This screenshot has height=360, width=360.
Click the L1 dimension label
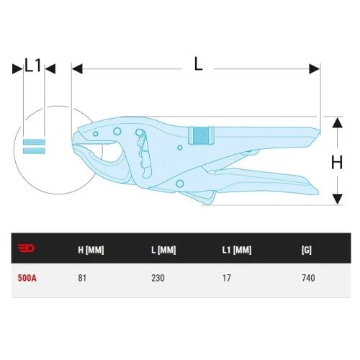(x=33, y=65)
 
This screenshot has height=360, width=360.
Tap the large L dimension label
(x=198, y=63)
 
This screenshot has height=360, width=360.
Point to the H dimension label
(x=337, y=162)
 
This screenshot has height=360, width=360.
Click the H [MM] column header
(x=91, y=250)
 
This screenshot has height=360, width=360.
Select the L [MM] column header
(x=163, y=250)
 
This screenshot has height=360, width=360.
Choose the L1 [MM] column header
(x=237, y=250)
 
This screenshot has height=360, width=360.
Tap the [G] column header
(x=307, y=250)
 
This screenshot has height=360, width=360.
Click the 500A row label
(x=27, y=278)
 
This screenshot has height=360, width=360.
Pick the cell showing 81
(x=82, y=278)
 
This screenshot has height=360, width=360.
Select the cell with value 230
(x=158, y=278)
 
